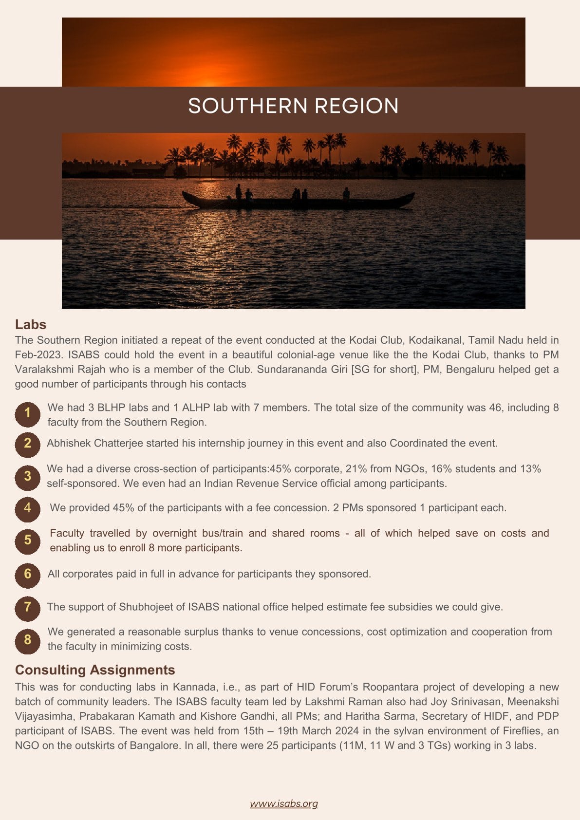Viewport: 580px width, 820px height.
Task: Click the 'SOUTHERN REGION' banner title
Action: [x=293, y=106]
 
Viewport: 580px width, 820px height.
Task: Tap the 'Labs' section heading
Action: [x=31, y=324]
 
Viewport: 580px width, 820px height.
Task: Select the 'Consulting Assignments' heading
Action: [x=95, y=670]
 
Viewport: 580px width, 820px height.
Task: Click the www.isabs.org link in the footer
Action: [x=284, y=803]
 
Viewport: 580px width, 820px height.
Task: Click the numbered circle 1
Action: [x=27, y=413]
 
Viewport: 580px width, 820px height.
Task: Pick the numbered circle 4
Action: [x=27, y=508]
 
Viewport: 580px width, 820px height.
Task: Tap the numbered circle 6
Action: [x=27, y=574]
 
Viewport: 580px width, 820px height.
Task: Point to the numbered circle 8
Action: [x=27, y=640]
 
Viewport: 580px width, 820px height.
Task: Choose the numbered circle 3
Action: [x=27, y=476]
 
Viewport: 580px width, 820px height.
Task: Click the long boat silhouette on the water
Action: [x=298, y=200]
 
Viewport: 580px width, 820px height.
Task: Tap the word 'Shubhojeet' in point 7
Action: [x=145, y=607]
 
